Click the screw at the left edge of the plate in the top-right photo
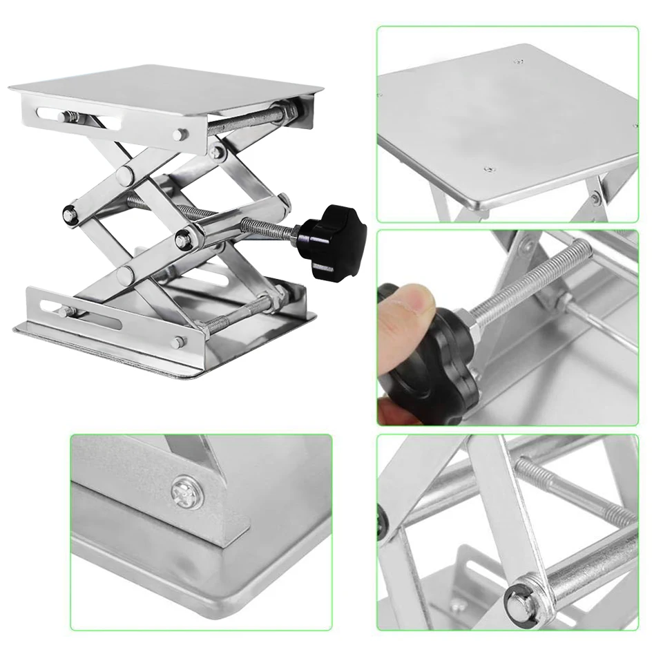point(380,95)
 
